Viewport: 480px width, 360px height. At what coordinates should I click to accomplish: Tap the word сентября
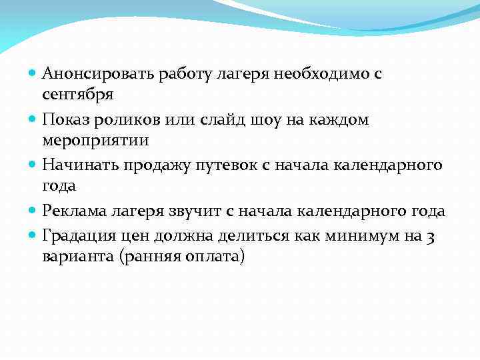pyautogui.click(x=77, y=94)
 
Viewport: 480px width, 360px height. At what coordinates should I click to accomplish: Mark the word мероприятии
pyautogui.click(x=96, y=141)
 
